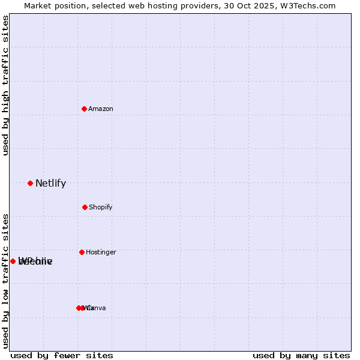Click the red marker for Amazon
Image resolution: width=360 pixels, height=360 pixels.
coord(84,109)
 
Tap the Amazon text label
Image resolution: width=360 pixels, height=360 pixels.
coord(101,109)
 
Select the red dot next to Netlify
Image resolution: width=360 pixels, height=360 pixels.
coord(30,183)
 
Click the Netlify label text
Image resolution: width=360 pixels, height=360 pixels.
coord(50,184)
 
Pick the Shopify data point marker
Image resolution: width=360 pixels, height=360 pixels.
coord(85,207)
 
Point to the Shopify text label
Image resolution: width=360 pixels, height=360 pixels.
coord(101,207)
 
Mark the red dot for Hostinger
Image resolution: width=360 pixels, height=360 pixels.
coord(82,252)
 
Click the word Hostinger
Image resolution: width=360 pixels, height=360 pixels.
coord(101,252)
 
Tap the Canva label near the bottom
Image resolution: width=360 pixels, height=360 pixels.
coord(97,308)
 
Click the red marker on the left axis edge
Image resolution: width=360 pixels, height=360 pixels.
coord(13,261)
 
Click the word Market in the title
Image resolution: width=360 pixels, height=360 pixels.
coord(37,6)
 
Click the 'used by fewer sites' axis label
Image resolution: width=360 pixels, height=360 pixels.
coord(62,355)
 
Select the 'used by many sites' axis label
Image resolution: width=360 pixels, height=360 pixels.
coord(301,355)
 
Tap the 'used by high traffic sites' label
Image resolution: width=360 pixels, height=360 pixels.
coord(5,85)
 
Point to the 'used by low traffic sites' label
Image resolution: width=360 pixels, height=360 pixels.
coord(5,281)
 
